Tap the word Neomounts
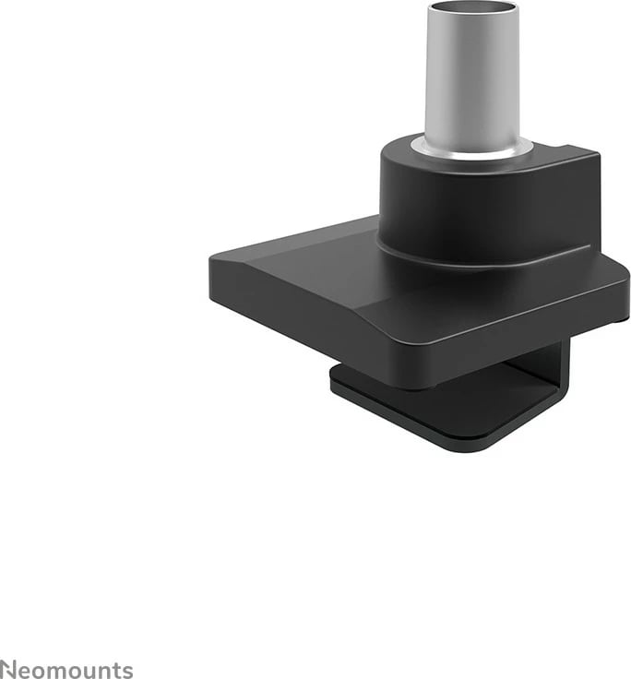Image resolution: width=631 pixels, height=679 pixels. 65,670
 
